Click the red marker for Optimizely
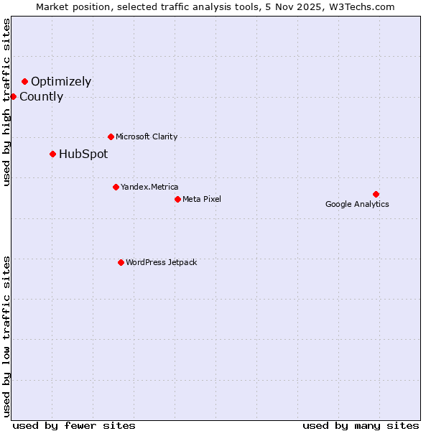click(24, 81)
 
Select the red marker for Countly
click(13, 96)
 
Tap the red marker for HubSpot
click(52, 154)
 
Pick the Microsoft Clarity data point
click(111, 136)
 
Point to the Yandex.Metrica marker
click(116, 187)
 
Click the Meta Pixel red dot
click(177, 199)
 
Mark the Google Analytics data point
click(376, 194)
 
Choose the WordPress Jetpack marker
click(121, 262)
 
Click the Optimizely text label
click(61, 82)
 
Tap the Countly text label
click(41, 97)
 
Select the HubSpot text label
click(83, 154)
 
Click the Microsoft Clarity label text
click(147, 136)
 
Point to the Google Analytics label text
click(357, 204)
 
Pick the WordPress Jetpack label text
click(161, 262)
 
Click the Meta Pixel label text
click(202, 199)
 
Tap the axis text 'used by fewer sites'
click(74, 425)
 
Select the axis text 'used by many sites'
click(361, 425)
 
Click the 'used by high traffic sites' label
click(6, 102)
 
